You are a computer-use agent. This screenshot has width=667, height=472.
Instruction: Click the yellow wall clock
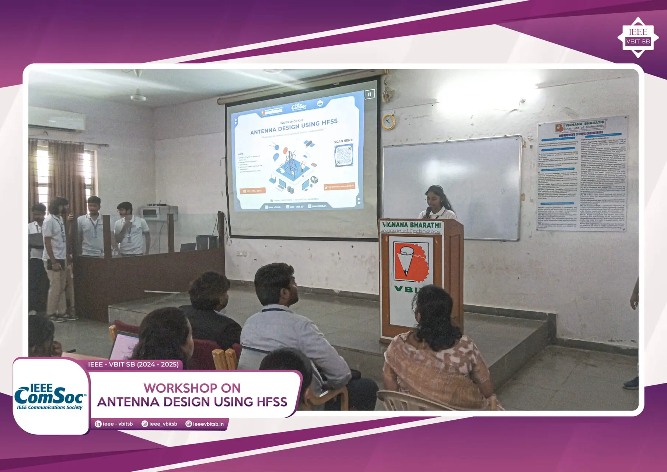pos(388,122)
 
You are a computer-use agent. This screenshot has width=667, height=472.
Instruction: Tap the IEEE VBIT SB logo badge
pos(638,38)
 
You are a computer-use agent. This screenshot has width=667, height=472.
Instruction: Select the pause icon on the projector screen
pos(369,94)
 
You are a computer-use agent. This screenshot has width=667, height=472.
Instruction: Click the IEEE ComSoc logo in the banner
pos(50,397)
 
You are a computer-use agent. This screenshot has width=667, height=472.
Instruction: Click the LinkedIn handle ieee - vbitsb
pos(117,424)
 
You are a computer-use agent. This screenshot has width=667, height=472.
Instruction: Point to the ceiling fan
pos(138,97)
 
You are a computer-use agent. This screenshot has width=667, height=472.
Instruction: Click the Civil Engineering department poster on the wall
pos(582,173)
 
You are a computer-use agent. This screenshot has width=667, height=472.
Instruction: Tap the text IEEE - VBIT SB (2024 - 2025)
pos(133,364)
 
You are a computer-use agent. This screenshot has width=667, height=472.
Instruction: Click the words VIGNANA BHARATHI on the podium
pos(411,225)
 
